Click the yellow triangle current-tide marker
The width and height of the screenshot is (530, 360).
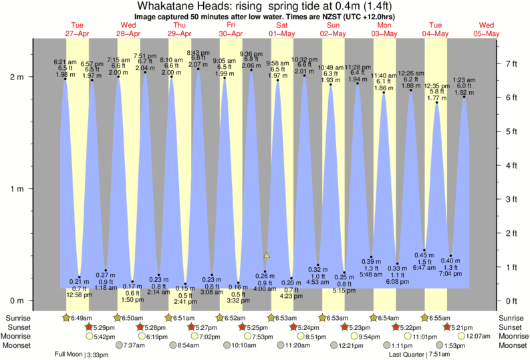point(267,255)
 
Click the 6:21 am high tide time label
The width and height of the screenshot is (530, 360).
point(65,63)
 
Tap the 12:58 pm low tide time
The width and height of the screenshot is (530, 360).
point(80,295)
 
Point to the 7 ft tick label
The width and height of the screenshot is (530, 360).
point(513,63)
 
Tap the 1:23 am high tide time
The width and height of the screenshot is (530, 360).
point(463,79)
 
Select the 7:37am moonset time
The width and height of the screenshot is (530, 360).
point(134,345)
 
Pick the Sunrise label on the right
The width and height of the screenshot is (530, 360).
point(512,317)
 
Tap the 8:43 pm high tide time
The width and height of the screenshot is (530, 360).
point(198,53)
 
